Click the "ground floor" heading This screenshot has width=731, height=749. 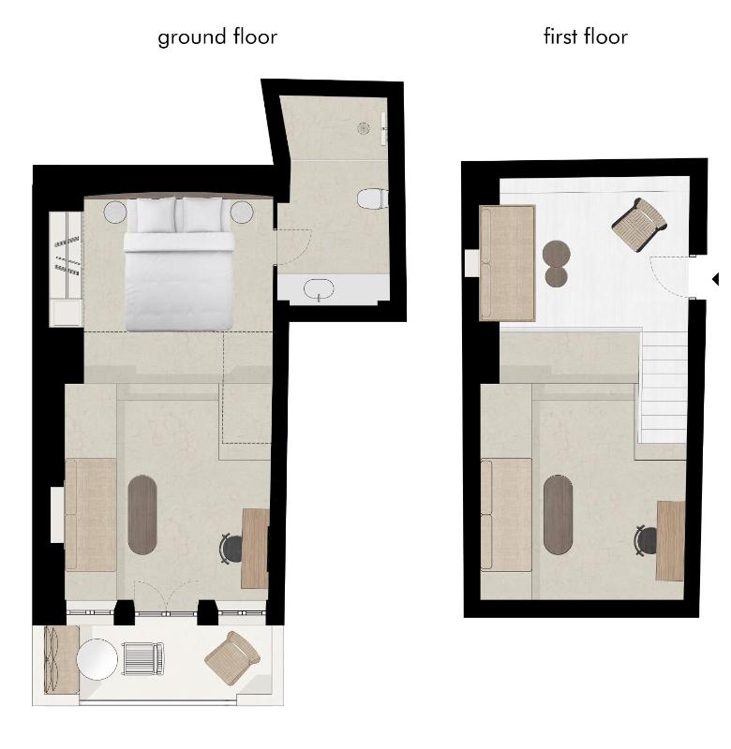click(216, 37)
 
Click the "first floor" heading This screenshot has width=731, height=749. click(585, 37)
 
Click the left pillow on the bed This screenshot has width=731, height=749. click(151, 214)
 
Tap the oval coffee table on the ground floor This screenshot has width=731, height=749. click(142, 514)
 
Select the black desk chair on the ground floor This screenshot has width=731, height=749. click(231, 548)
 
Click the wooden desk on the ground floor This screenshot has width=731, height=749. click(255, 548)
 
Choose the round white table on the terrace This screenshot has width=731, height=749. click(97, 659)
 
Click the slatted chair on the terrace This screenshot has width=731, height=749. click(143, 659)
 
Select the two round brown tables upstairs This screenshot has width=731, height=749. click(557, 263)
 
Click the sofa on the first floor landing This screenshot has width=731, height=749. click(507, 263)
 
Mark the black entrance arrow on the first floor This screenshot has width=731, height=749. click(715, 278)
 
